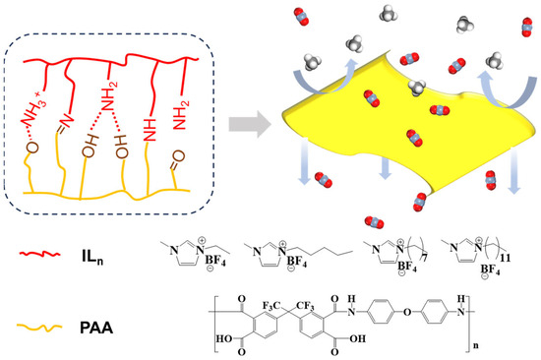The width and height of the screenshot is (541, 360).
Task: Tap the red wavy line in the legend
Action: click(38, 259)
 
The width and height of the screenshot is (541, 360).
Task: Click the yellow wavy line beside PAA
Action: click(38, 319)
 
